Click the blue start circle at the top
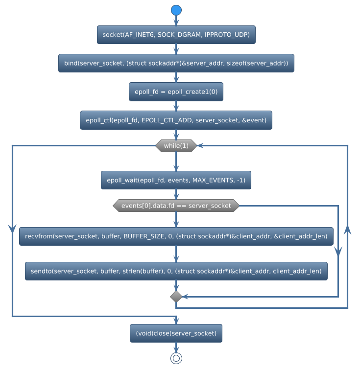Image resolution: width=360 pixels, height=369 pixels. (176, 10)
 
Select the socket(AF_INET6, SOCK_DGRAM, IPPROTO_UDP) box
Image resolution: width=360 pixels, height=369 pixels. (176, 35)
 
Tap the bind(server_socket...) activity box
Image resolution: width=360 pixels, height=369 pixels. (176, 63)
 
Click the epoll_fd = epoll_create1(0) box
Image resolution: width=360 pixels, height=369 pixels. (176, 92)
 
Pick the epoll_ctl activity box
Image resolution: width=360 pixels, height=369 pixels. (176, 120)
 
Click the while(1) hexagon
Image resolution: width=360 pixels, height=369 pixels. (176, 145)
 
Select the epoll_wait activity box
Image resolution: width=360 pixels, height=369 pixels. (176, 181)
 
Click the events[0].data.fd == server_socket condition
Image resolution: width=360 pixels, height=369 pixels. (176, 206)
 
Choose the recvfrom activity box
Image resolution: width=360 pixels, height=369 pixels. (176, 236)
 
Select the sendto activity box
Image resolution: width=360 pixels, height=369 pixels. (176, 271)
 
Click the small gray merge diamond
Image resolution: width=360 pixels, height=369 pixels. (176, 297)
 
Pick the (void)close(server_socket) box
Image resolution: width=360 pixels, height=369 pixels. (176, 333)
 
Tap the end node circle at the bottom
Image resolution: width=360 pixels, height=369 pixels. (176, 358)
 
